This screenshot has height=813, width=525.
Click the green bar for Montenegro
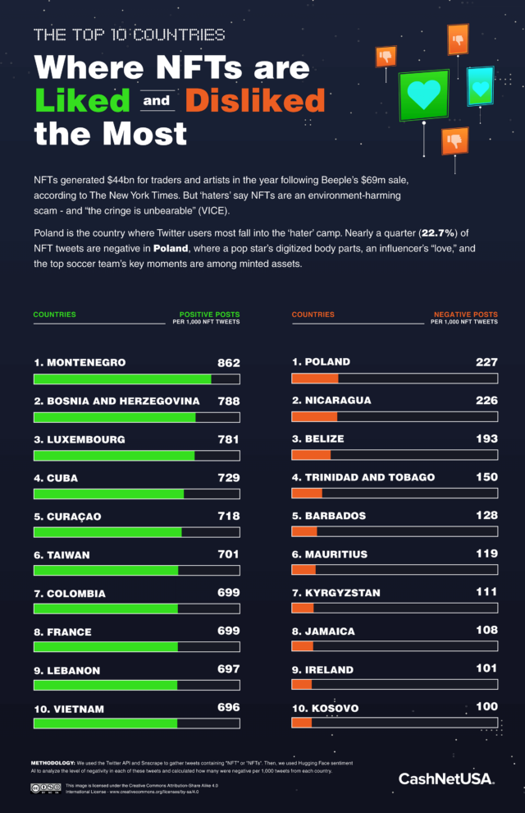122,379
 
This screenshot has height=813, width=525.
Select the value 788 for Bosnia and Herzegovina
228,401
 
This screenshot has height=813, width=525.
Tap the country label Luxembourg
80,439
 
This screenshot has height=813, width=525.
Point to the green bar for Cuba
108,494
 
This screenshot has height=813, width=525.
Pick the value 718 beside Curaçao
228,516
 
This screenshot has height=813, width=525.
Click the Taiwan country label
62,555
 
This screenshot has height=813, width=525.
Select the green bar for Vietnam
105,723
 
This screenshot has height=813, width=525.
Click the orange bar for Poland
315,378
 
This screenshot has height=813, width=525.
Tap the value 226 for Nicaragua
486,400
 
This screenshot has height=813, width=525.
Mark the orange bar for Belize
311,455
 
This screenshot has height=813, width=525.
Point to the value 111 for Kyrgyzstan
486,592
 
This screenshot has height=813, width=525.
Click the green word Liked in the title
82,100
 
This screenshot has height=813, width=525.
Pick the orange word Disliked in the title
254,100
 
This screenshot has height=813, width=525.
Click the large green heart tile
424,95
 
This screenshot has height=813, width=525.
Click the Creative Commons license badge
46,788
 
